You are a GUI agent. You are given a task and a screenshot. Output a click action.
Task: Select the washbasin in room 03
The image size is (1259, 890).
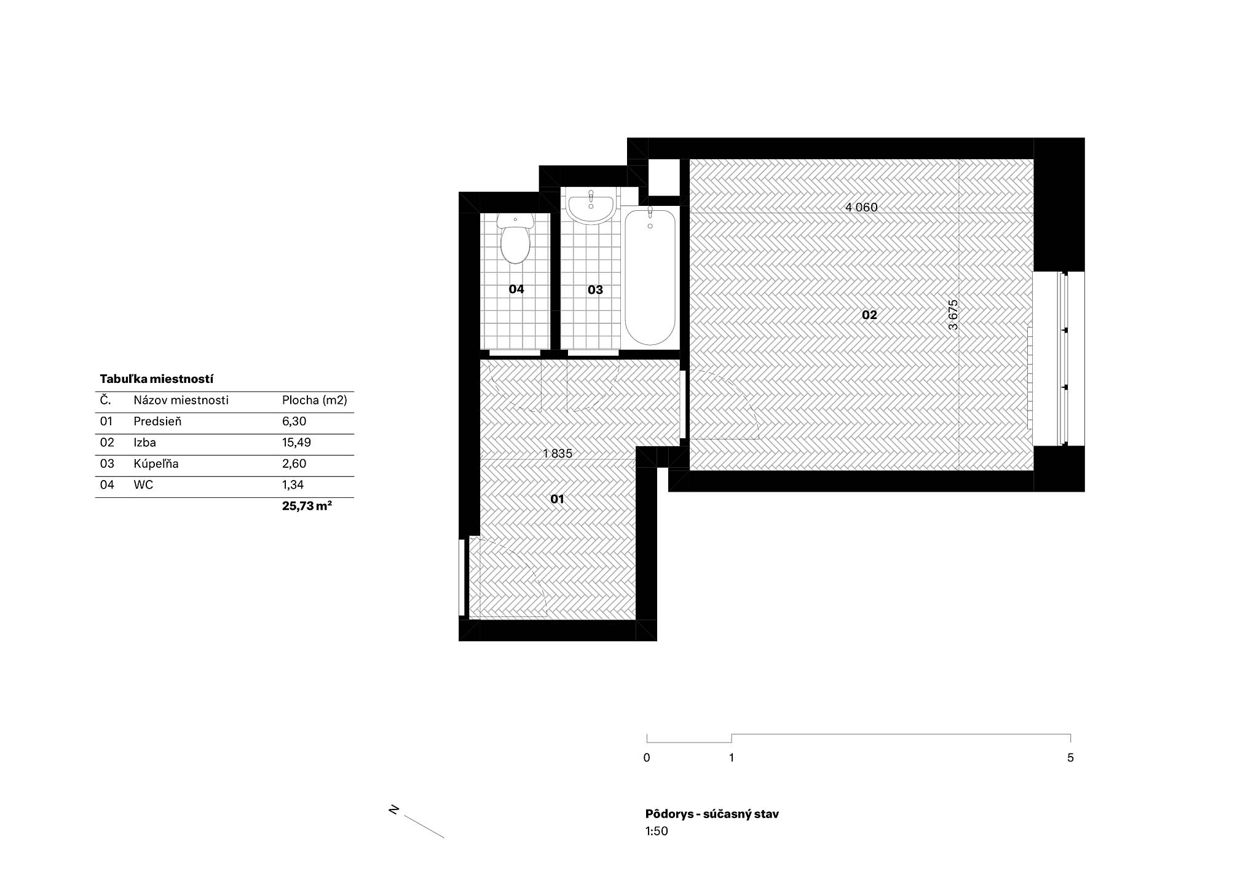591,207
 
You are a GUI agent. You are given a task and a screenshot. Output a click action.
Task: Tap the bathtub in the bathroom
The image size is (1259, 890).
650,275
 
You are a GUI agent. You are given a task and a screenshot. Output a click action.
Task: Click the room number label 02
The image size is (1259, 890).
869,315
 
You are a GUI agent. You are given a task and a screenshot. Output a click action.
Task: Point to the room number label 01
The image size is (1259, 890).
557,499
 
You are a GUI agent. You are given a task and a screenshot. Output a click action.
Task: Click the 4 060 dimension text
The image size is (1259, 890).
861,207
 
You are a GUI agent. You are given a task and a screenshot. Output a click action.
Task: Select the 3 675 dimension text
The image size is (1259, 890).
953,315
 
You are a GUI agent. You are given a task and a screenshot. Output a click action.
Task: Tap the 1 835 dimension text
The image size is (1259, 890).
558,454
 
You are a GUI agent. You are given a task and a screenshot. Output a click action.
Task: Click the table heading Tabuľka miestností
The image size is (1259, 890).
157,379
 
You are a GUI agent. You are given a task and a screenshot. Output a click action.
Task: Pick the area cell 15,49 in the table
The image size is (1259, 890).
296,443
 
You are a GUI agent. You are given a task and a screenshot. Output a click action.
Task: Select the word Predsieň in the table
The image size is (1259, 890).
157,422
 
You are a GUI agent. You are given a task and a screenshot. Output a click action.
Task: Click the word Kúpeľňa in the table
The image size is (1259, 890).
156,464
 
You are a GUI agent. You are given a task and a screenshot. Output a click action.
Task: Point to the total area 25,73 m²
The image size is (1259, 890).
307,506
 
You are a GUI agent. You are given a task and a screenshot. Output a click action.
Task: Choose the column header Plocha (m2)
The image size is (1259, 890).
315,401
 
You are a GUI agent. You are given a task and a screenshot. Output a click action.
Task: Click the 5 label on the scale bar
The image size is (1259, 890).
1070,758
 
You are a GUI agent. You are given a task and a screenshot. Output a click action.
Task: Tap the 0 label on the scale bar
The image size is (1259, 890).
647,758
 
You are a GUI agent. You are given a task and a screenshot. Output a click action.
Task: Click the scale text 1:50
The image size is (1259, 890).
657,832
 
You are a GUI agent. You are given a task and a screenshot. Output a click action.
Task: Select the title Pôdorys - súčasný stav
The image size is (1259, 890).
712,814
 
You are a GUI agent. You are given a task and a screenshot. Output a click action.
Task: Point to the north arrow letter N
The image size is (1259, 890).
394,810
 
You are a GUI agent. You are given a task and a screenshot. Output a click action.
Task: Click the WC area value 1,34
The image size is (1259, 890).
293,485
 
